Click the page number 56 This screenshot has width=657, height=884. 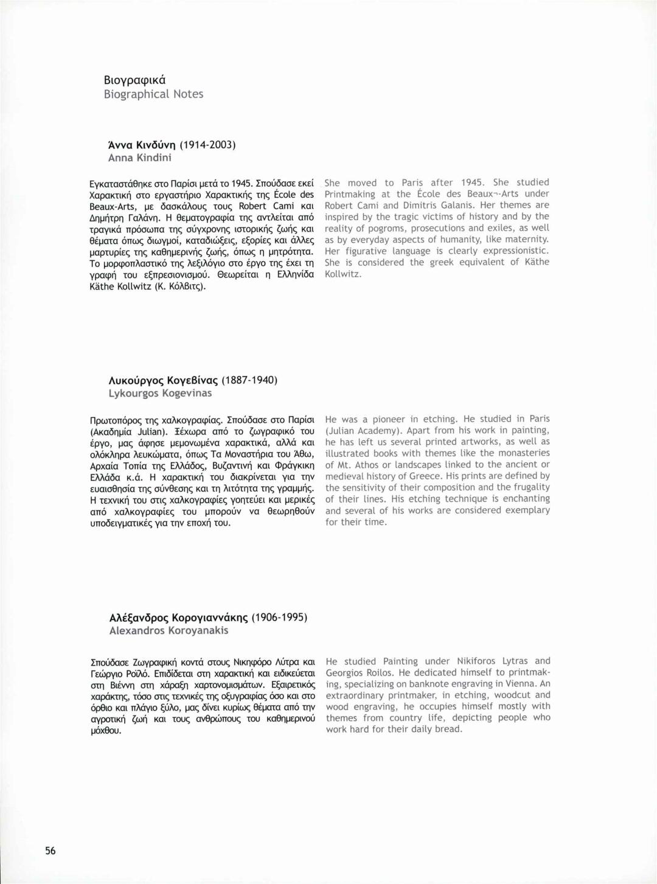pyautogui.click(x=50, y=851)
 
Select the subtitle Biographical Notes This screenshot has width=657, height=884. pyautogui.click(x=153, y=94)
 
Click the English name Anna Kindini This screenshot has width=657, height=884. pyautogui.click(x=139, y=158)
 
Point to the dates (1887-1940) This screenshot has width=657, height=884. pyautogui.click(x=249, y=380)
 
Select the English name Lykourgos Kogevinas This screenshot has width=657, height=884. pyautogui.click(x=160, y=394)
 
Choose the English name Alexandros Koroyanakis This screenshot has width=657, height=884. pyautogui.click(x=169, y=631)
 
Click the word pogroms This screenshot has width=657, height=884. pyautogui.click(x=386, y=228)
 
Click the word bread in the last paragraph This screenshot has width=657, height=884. pyautogui.click(x=448, y=729)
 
